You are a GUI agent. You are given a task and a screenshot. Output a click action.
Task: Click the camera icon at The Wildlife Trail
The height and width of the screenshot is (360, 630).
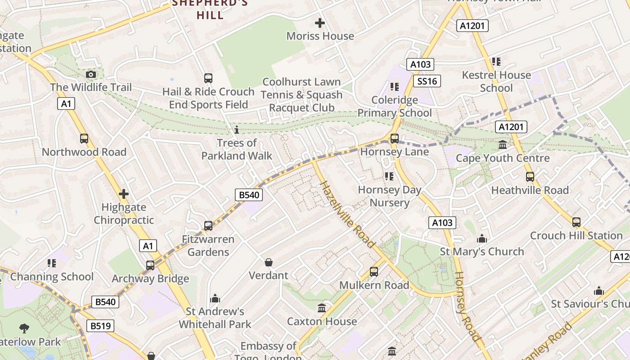[91, 74]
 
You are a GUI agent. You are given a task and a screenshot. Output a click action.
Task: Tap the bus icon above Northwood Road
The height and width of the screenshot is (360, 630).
[84, 139]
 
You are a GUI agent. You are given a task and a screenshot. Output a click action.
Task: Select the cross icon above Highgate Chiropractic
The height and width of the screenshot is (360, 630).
[124, 194]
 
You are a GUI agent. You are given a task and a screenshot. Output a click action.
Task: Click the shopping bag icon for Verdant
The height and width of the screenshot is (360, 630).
[269, 262]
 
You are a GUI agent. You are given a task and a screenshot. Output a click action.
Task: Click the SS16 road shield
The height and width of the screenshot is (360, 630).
[427, 81]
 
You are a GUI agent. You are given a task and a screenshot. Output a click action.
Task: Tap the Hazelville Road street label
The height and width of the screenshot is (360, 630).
[346, 214]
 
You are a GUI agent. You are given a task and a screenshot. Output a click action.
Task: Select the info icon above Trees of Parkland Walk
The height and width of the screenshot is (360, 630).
[237, 130]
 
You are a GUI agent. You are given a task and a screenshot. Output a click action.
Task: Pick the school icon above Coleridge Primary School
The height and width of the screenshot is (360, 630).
[395, 86]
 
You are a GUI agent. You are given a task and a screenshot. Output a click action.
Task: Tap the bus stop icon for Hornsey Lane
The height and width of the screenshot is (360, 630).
[395, 139]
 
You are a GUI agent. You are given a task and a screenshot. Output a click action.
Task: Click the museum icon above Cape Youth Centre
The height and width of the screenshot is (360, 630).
[503, 145]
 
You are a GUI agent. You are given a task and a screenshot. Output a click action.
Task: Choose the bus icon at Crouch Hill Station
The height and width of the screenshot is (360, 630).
[576, 222]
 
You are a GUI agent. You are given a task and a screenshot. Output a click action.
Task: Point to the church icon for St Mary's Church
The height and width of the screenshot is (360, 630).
[482, 238]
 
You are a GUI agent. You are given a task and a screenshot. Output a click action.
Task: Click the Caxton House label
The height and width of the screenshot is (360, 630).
[322, 321]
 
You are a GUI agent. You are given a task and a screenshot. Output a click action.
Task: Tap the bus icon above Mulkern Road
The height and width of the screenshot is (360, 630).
[374, 272]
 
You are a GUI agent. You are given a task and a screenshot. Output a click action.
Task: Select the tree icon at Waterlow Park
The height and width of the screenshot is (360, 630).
[24, 328]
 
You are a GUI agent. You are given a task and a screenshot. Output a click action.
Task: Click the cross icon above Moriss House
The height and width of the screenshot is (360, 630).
[320, 23]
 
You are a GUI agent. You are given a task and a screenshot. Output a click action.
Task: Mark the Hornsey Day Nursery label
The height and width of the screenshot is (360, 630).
[390, 196]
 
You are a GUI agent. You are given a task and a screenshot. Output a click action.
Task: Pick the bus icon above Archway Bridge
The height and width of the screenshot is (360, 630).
[150, 265]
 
